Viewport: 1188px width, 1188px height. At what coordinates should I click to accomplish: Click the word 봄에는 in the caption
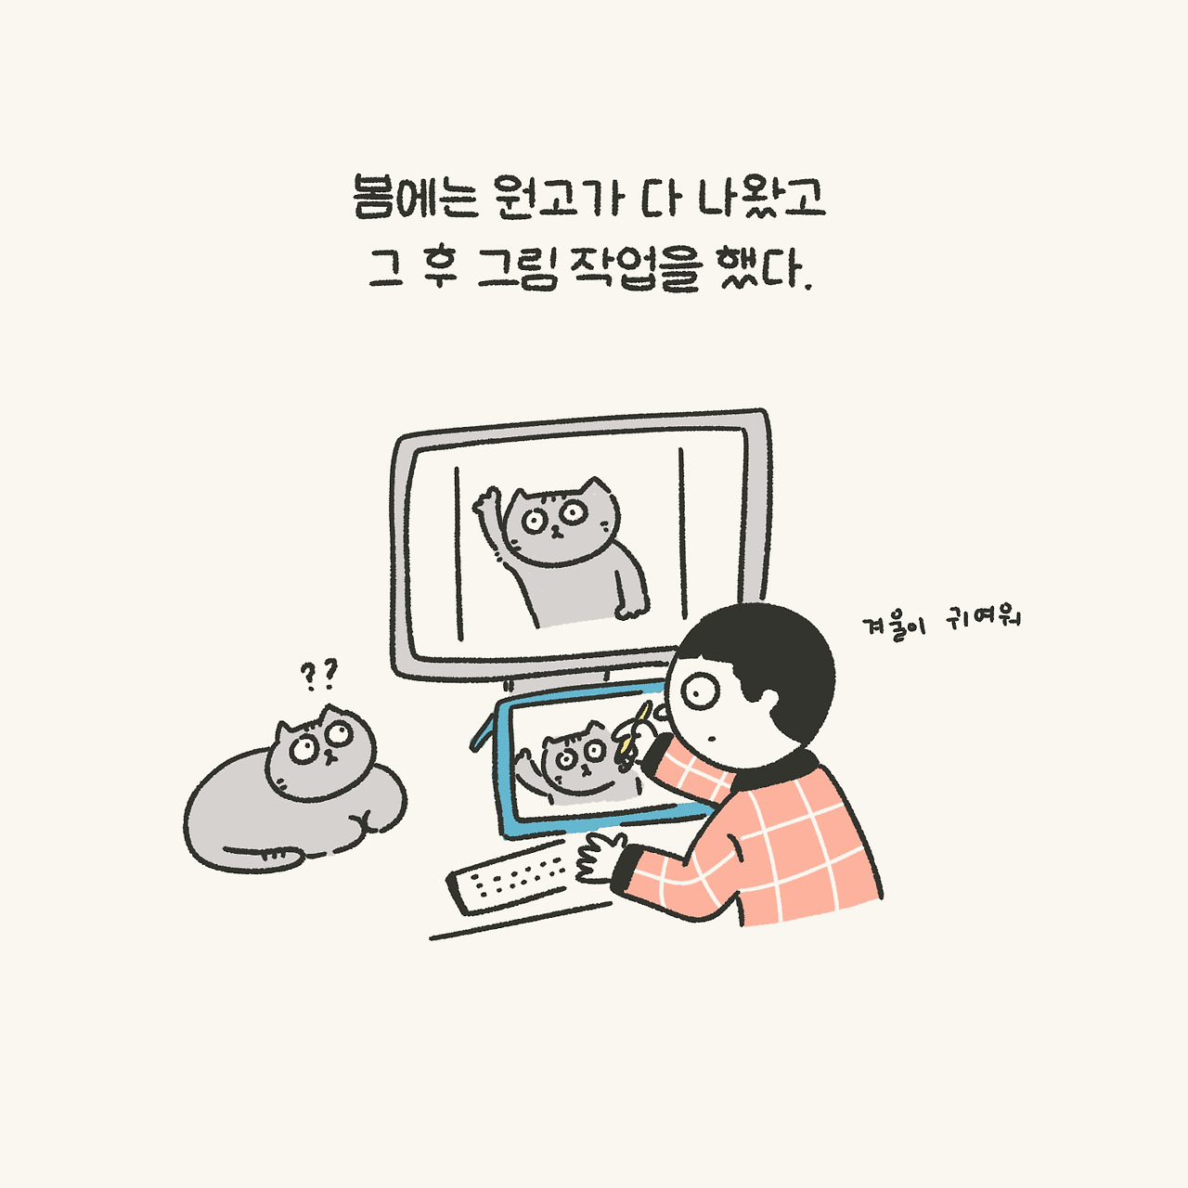(x=415, y=197)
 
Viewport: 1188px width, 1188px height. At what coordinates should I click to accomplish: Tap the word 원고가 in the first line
(x=557, y=197)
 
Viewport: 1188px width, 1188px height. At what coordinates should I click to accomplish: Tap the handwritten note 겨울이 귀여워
(x=941, y=628)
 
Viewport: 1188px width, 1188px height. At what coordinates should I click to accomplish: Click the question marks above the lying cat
(x=319, y=675)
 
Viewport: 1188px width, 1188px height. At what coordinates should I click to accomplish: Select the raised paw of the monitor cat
(x=488, y=502)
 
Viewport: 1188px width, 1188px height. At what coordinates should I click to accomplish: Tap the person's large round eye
(x=700, y=691)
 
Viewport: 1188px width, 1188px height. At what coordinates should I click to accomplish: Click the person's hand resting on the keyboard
(x=600, y=857)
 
